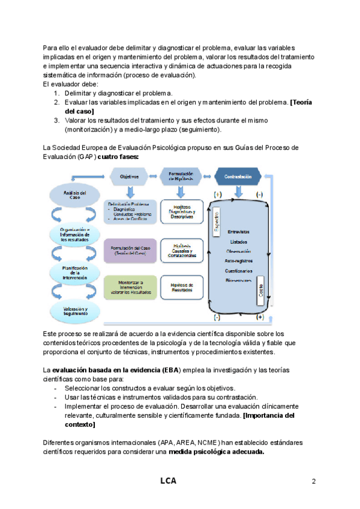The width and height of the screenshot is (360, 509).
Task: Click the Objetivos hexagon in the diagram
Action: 130,177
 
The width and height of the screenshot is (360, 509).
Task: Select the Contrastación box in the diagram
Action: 238,177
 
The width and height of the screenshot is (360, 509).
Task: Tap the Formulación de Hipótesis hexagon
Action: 183,177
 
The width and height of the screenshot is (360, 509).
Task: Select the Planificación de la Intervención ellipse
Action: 76,273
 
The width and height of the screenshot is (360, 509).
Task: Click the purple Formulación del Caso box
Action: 130,251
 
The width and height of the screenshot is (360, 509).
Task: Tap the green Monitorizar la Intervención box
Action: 130,288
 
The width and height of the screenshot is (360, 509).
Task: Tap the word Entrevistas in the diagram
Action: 239,232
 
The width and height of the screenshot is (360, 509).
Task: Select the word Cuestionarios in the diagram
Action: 239,271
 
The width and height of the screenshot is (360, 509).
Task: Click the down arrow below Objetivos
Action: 130,191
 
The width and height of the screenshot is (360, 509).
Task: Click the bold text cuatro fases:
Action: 118,156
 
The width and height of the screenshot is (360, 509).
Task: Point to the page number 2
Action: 314,481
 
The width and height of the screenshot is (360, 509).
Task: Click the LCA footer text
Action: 169,481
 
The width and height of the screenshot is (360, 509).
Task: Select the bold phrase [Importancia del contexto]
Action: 179,420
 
